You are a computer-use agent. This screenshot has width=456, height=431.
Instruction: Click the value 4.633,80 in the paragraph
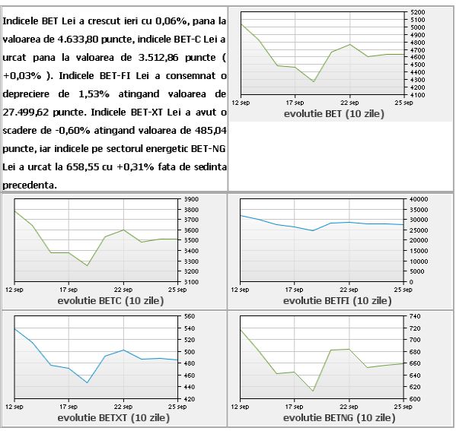78,40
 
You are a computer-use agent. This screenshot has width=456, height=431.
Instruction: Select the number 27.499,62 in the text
26,112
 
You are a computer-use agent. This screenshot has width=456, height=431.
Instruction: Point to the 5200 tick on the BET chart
418,12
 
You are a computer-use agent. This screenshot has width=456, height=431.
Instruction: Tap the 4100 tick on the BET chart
418,95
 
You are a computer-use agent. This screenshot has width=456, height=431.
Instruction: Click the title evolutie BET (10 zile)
334,113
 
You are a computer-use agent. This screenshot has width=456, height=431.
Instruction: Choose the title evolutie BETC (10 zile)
110,300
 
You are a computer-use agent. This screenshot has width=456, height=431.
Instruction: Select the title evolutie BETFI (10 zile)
337,300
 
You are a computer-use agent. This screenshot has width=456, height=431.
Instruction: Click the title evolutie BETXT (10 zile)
113,417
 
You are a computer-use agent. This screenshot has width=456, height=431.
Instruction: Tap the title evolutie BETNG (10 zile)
339,417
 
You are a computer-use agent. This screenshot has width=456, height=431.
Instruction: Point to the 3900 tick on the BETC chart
191,199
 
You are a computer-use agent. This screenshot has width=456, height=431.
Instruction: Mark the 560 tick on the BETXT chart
190,316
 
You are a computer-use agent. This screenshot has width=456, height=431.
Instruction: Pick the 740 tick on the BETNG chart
416,316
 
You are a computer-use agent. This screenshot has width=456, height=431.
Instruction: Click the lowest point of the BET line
313,81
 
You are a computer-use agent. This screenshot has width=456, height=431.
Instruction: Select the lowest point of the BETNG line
313,391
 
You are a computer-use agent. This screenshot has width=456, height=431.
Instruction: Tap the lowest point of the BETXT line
87,382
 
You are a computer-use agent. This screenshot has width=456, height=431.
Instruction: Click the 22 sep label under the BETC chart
123,290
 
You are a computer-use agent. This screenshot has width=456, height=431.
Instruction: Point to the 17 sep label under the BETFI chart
295,290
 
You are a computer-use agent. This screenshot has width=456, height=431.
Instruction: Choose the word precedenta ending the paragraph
30,185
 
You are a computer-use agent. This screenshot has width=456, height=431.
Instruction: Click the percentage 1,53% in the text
94,94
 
